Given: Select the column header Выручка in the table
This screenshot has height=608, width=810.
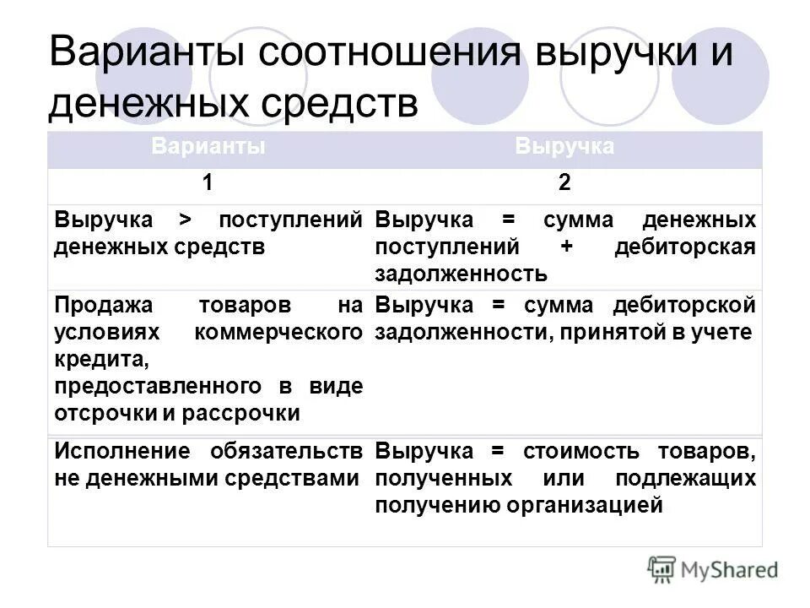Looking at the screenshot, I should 564,146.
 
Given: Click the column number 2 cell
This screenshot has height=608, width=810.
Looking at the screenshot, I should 564,184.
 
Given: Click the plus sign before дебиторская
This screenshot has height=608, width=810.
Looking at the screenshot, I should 564,247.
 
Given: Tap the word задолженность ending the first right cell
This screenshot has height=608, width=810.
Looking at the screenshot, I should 462,274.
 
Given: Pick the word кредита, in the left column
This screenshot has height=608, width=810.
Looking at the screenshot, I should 90,359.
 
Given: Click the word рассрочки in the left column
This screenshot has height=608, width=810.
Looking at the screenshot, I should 244,413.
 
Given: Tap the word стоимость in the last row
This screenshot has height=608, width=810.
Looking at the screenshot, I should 580,451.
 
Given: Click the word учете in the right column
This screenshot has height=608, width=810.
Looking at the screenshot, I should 725,332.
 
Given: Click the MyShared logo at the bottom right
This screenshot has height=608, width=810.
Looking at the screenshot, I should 713,568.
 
